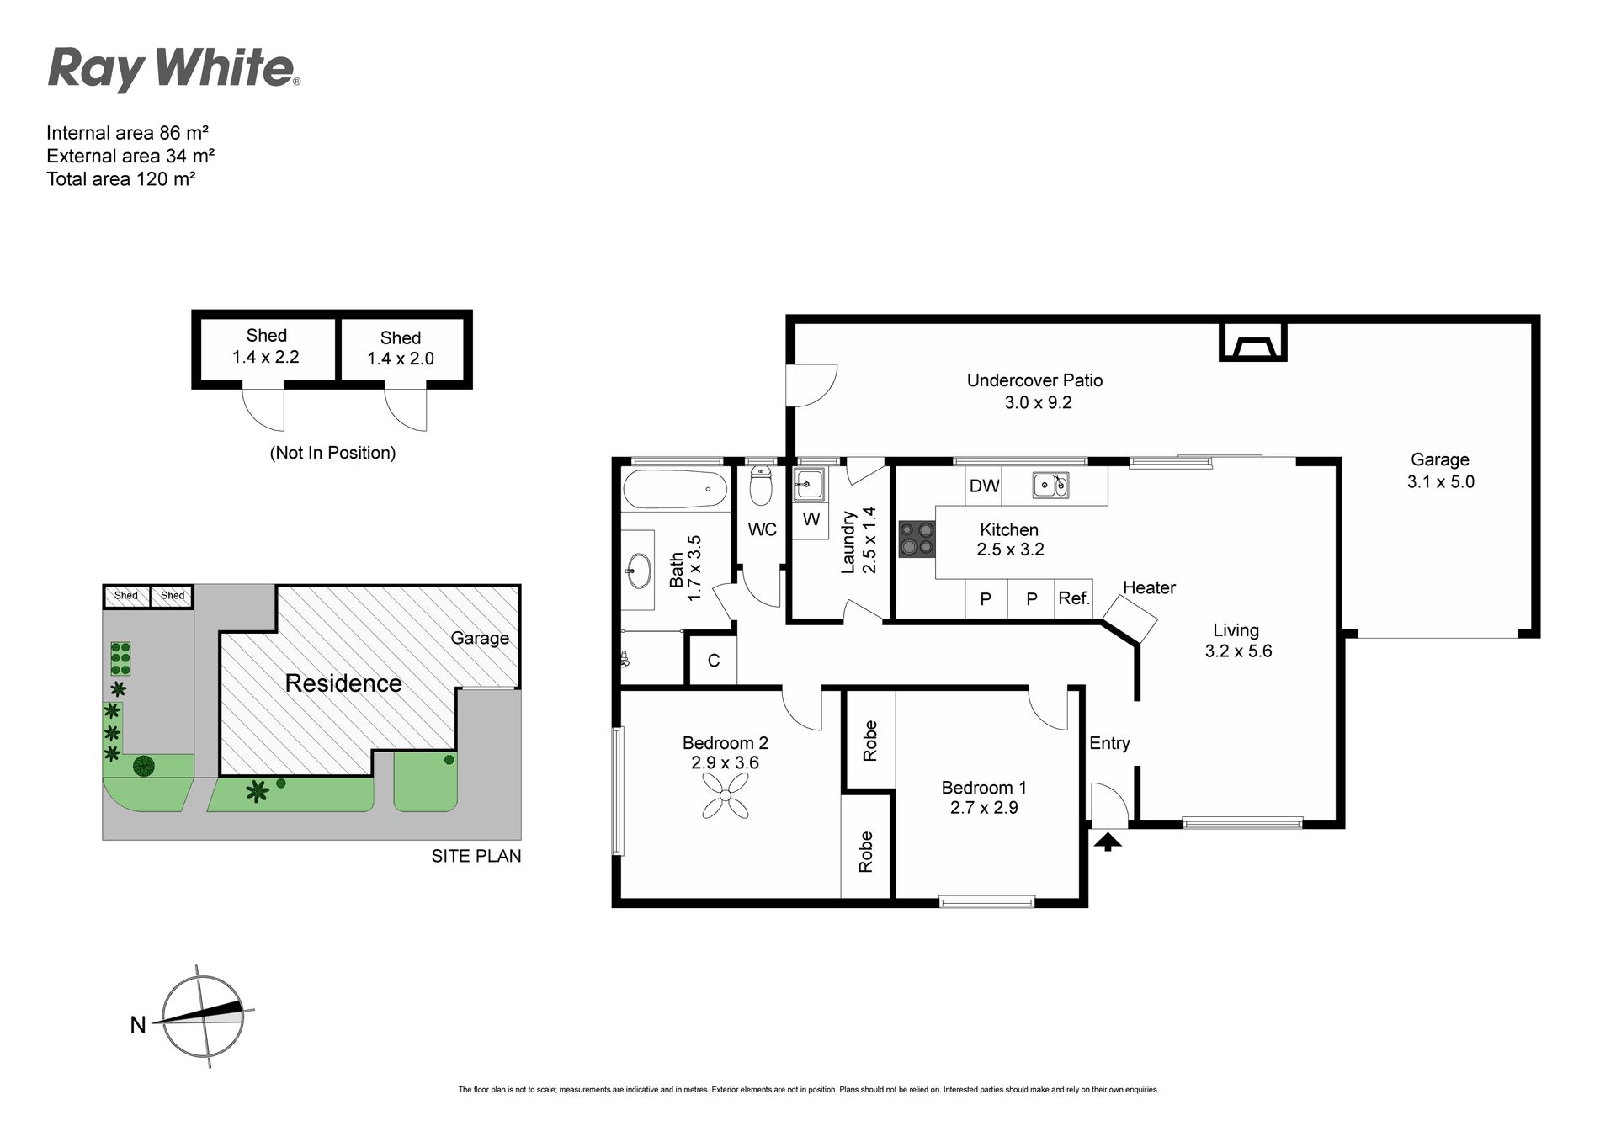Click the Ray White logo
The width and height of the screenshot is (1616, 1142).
click(174, 69)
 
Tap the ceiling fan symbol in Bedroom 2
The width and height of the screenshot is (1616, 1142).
click(726, 796)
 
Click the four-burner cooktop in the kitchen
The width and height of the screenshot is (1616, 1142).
click(917, 539)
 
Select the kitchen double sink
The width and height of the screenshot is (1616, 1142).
click(1051, 485)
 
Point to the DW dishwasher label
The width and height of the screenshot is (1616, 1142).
click(984, 486)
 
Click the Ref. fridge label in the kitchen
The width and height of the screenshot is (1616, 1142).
click(1074, 598)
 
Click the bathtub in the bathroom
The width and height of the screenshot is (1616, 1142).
click(673, 489)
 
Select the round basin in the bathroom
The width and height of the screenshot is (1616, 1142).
click(639, 571)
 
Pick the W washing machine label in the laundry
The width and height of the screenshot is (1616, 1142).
click(811, 519)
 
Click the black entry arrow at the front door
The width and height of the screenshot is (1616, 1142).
click(1108, 840)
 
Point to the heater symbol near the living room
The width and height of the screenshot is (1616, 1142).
click(1130, 619)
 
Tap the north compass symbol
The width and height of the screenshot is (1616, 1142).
click(202, 1017)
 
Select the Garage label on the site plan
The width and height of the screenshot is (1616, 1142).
click(480, 638)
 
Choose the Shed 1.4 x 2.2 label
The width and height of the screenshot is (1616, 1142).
click(266, 346)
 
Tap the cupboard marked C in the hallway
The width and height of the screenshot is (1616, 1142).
click(713, 660)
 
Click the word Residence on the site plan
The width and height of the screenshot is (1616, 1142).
click(343, 683)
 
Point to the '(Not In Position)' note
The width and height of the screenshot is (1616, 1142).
click(332, 453)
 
